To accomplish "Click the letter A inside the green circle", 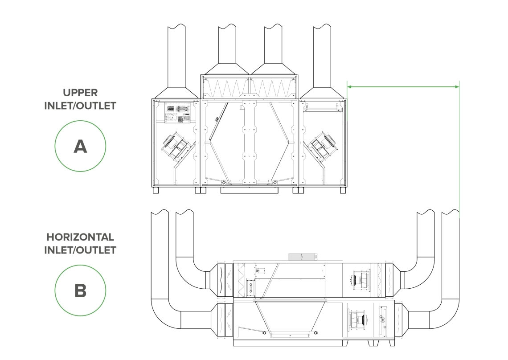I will click(x=80, y=146).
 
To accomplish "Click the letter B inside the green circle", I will click(x=80, y=291).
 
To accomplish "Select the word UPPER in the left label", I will click(x=80, y=93).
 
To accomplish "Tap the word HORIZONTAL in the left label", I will click(x=80, y=237).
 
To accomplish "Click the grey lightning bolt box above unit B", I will click(x=302, y=257).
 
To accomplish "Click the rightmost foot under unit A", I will click(x=343, y=190).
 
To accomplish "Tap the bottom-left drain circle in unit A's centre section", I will click(x=223, y=182).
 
